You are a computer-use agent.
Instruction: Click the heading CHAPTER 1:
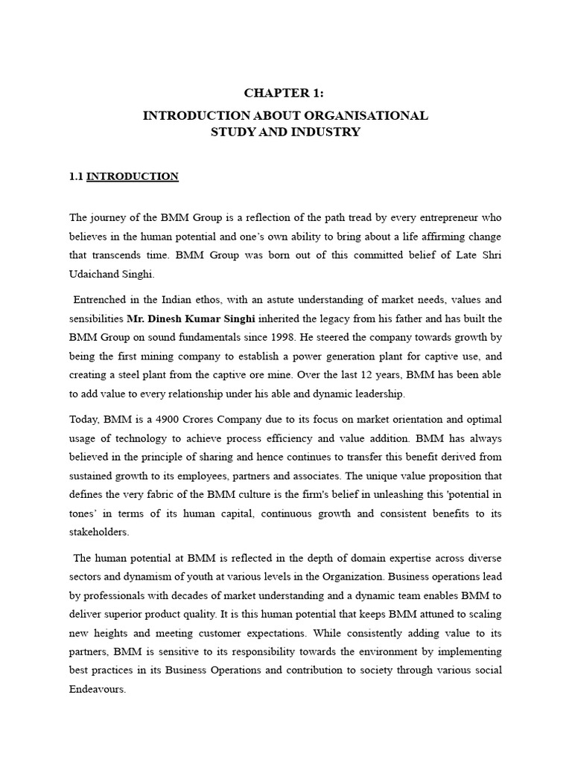pos(285,93)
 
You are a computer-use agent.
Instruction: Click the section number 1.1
pos(77,176)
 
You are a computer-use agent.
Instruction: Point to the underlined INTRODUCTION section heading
pos(133,176)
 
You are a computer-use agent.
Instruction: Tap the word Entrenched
pos(102,300)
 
